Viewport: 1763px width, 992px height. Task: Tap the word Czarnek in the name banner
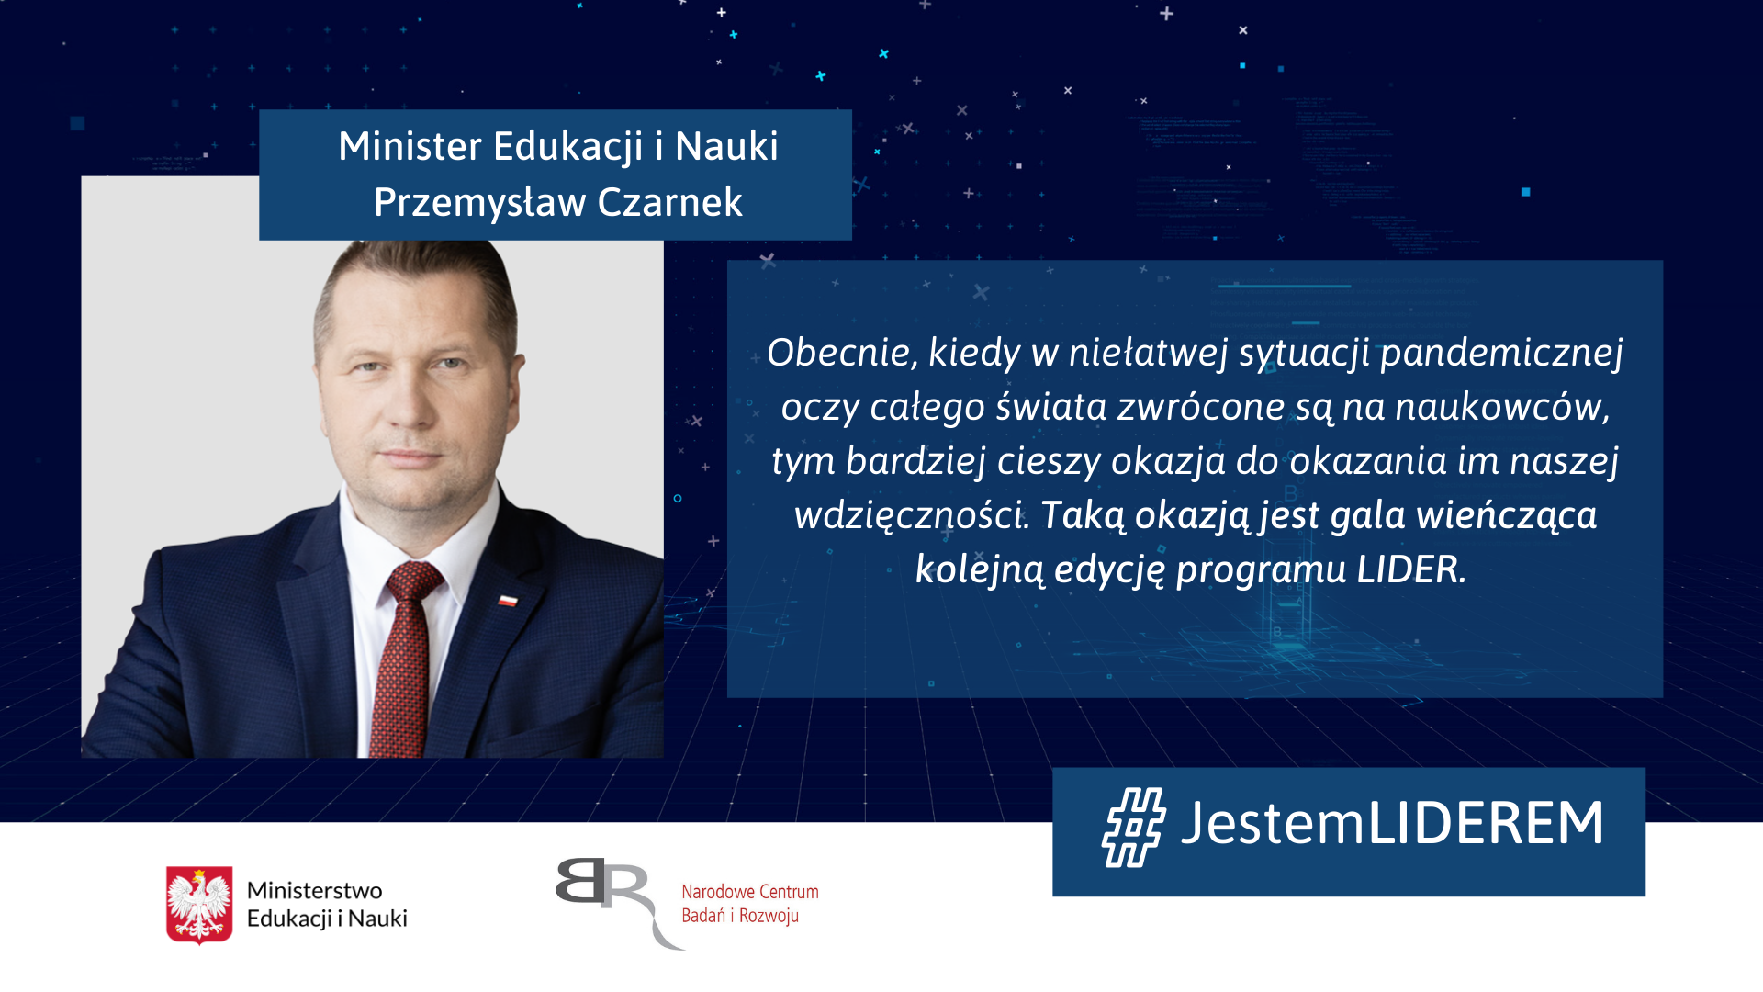coord(669,202)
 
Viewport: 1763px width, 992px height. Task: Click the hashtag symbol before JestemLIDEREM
coord(1134,827)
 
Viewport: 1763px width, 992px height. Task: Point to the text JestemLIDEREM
coord(1392,822)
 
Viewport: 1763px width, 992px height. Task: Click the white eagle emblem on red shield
coord(199,905)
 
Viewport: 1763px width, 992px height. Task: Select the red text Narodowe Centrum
coord(750,892)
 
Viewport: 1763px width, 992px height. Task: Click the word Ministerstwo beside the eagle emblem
coord(314,891)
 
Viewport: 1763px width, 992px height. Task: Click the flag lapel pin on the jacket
coord(508,600)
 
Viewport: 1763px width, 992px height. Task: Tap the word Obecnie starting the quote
coord(843,353)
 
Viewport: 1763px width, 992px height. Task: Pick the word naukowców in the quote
coord(1503,407)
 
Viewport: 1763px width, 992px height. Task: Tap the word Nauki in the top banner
coord(726,146)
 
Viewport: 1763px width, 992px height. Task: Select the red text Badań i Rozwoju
coord(740,916)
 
